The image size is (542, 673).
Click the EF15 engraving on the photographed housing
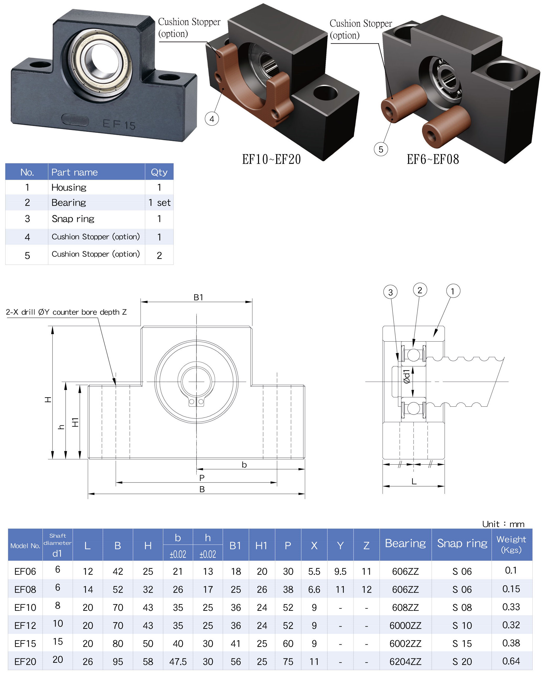pos(119,125)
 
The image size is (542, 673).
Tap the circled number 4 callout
pos(212,119)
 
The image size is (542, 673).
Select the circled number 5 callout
pos(381,149)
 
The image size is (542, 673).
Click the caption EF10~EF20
pos(271,160)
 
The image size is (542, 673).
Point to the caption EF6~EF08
pos(433,160)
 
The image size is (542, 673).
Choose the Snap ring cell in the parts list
pos(73,219)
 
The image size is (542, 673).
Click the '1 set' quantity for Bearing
pos(159,203)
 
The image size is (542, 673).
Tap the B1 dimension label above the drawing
pos(198,297)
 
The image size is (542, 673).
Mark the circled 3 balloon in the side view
pos(390,292)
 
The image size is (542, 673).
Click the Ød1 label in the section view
pos(406,376)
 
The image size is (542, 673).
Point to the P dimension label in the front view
pos(202,478)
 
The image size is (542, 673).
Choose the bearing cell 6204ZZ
pos(405,661)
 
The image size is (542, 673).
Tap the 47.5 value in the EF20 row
pos(178,661)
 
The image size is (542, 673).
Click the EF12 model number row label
pos(25,626)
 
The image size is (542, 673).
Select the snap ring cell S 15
pos(462,644)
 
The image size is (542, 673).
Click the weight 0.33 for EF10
pos(511,607)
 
